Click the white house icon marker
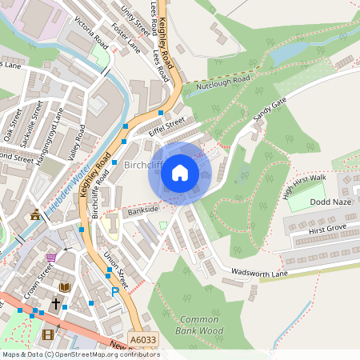[x=180, y=171]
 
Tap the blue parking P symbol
[x=115, y=292]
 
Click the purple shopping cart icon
[x=51, y=257]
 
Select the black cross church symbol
[x=56, y=304]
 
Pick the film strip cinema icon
[x=49, y=334]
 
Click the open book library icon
[x=65, y=286]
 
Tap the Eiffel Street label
[x=166, y=126]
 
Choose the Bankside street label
[x=142, y=210]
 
